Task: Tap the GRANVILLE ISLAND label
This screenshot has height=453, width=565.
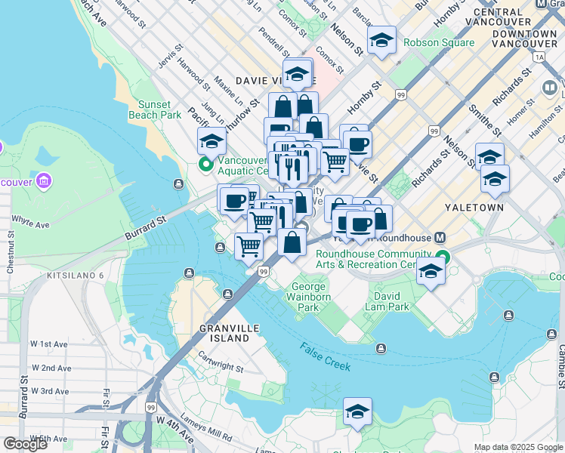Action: [224, 334]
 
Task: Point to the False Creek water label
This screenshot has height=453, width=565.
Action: [325, 357]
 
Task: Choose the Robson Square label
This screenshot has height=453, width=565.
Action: [439, 43]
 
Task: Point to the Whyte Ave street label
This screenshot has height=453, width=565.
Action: [29, 225]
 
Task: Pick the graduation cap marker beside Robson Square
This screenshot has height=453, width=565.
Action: [381, 40]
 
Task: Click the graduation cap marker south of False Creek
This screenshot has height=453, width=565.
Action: [357, 411]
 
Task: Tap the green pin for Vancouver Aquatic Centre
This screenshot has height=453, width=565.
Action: [205, 163]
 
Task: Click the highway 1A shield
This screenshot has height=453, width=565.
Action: [538, 57]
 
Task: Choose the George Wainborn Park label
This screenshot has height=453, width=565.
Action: [310, 297]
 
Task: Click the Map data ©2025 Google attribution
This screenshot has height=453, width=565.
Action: [518, 447]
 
